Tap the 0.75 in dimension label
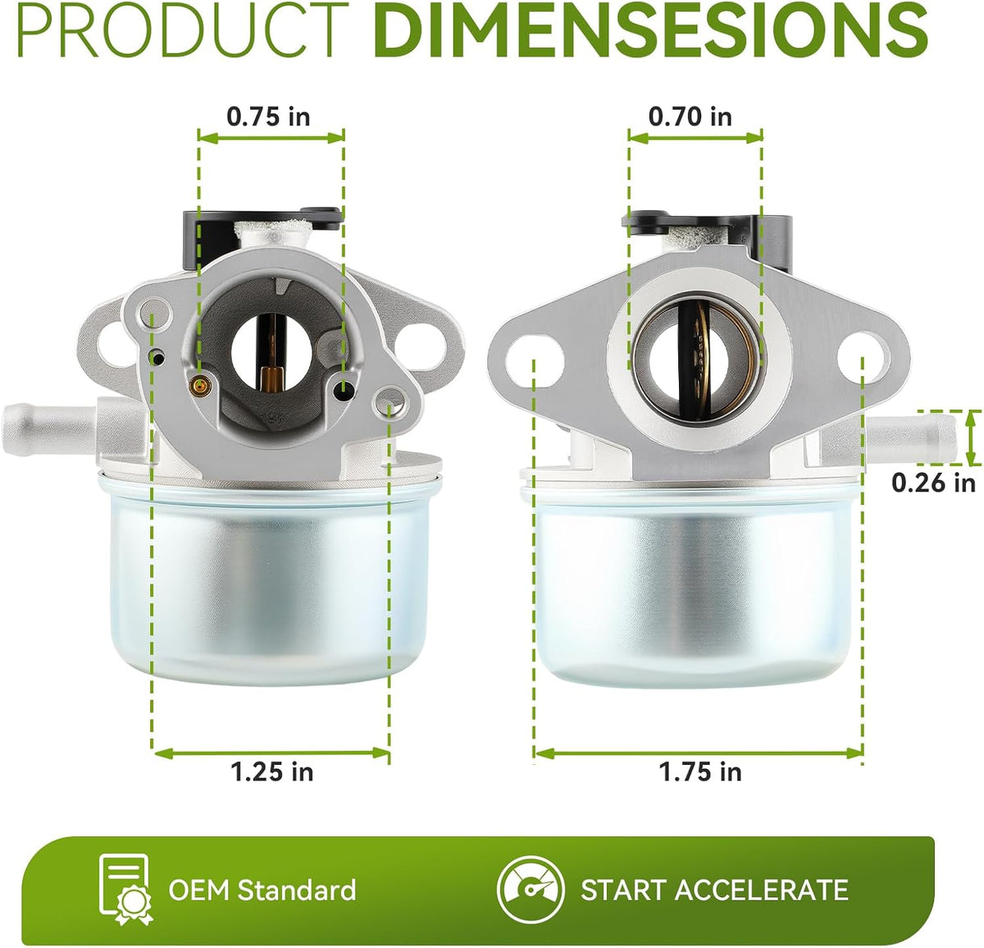pyautogui.click(x=268, y=117)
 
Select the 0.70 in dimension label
pyautogui.click(x=690, y=117)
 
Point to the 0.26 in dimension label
pyautogui.click(x=933, y=483)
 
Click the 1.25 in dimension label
pyautogui.click(x=271, y=772)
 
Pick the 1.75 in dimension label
pyautogui.click(x=699, y=772)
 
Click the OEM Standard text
pyautogui.click(x=262, y=890)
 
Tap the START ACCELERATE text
pyautogui.click(x=714, y=890)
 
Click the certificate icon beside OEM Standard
pyautogui.click(x=125, y=891)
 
